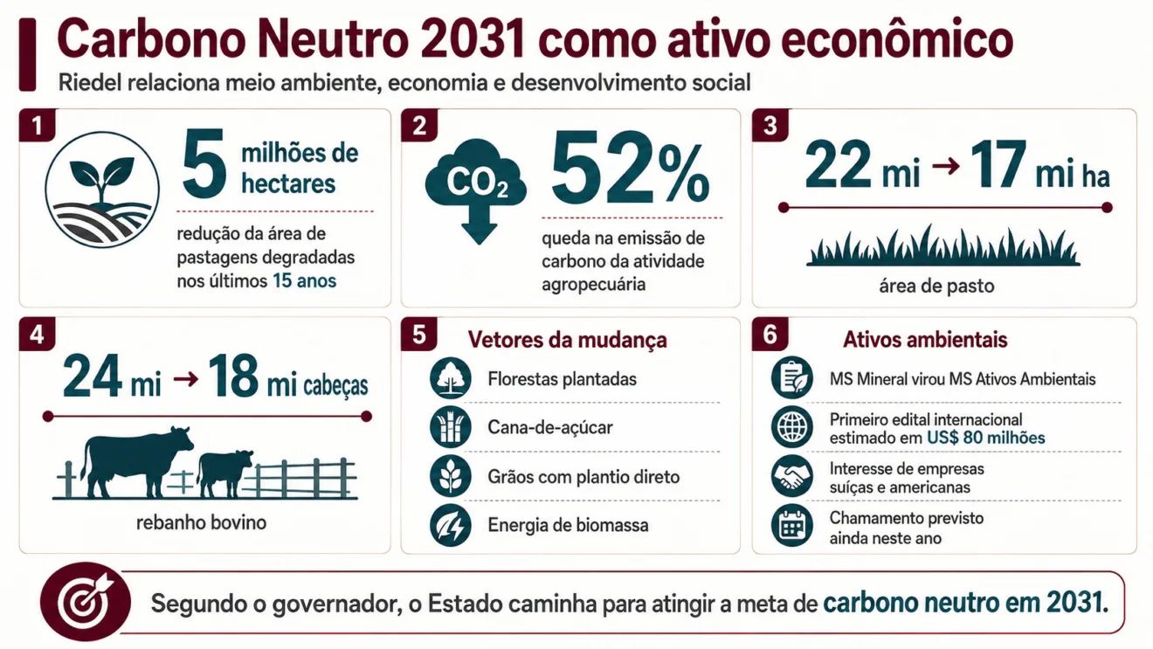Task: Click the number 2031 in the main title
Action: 473,39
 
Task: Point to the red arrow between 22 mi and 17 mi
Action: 946,166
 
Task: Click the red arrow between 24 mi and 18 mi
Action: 186,379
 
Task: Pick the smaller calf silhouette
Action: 225,474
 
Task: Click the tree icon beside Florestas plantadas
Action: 451,378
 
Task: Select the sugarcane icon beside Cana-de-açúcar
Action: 451,427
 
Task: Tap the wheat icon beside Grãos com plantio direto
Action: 451,476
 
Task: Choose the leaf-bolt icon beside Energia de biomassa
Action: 451,525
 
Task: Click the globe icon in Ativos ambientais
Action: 792,427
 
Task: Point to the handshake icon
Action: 792,476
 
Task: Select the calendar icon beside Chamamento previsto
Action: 792,526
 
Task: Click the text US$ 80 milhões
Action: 985,438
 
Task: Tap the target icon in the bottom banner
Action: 86,602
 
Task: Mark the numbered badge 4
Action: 37,335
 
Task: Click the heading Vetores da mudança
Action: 567,340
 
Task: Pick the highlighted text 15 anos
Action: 304,281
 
